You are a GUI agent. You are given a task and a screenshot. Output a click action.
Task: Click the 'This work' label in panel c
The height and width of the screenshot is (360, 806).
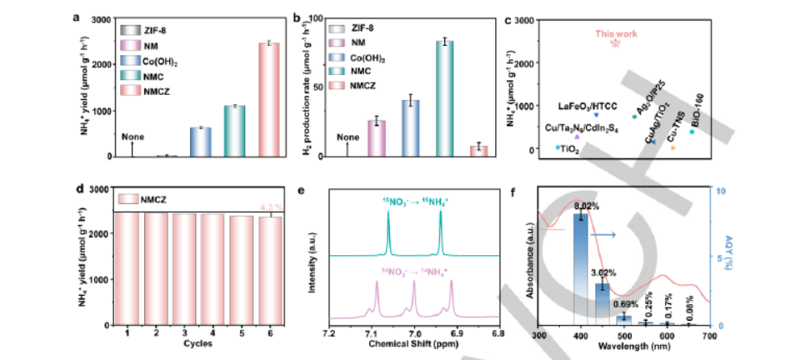point(616,34)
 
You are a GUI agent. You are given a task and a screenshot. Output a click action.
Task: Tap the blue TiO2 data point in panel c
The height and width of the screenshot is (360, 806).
point(558,148)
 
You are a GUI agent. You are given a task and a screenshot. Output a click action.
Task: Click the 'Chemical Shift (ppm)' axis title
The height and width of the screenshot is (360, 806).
point(414,343)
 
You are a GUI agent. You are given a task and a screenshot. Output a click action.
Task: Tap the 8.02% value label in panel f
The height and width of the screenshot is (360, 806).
point(588,202)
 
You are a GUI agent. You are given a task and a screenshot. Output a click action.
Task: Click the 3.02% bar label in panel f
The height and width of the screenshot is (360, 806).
point(613,272)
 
